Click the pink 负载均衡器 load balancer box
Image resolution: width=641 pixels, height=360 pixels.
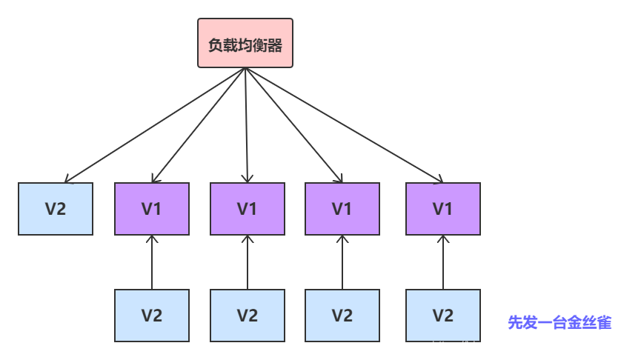click(245, 43)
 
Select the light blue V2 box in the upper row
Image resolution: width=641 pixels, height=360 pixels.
click(56, 209)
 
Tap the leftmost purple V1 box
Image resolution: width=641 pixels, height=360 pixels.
click(152, 209)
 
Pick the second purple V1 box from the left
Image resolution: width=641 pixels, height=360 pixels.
click(248, 209)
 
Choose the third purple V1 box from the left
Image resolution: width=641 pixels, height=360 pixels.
click(342, 209)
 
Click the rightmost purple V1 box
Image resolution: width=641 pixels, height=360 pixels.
click(443, 209)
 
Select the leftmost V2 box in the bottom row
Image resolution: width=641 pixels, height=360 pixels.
click(152, 315)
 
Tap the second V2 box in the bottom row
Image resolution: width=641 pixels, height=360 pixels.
click(248, 315)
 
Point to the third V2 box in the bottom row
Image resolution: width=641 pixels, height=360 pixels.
click(342, 315)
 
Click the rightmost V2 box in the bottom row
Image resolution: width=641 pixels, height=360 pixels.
click(443, 315)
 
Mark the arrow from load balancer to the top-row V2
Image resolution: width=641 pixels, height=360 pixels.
click(156, 125)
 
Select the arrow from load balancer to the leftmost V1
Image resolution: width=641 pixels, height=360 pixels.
click(199, 125)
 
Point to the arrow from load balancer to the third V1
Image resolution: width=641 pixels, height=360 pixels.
click(293, 125)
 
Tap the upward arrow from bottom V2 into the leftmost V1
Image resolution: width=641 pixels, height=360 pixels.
click(152, 263)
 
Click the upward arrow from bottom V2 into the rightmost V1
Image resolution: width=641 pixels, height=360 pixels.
click(443, 263)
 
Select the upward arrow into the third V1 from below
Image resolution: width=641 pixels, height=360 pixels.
click(342, 263)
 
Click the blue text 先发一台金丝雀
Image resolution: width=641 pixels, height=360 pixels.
click(559, 322)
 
